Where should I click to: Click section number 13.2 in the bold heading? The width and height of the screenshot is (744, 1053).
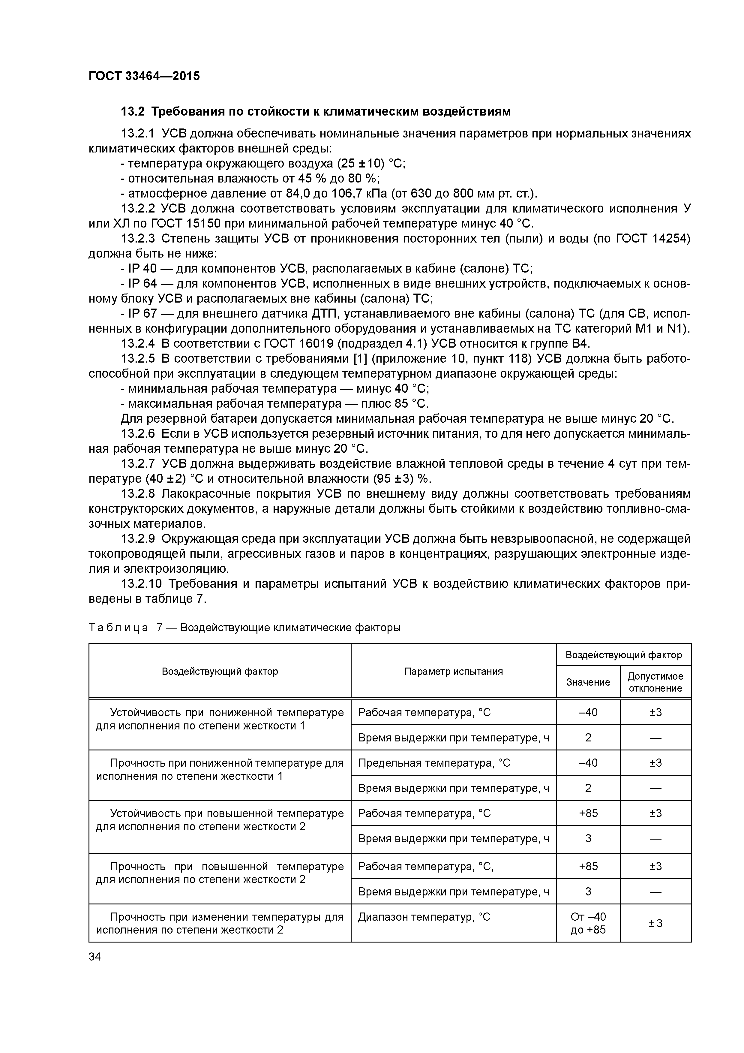[133, 111]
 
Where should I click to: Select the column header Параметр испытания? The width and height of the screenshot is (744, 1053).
[453, 671]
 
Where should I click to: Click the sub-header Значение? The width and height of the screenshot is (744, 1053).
[588, 682]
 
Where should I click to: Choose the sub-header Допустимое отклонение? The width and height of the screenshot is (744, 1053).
[655, 682]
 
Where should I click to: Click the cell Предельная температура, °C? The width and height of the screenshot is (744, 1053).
[434, 763]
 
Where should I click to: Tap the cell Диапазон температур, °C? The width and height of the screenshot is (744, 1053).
[424, 917]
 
